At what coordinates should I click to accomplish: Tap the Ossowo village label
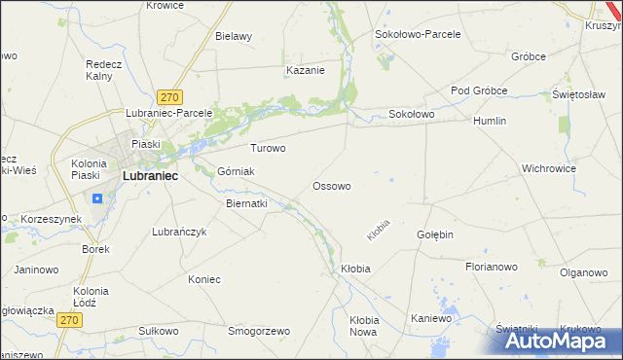click(331, 185)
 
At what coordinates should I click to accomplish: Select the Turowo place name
click(268, 149)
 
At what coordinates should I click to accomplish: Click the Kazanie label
click(305, 70)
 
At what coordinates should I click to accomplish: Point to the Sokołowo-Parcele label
click(418, 33)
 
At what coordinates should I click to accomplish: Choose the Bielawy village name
click(234, 36)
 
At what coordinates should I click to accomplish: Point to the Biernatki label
click(246, 204)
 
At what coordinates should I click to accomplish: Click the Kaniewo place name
click(432, 318)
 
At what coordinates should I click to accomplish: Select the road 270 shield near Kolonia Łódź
click(67, 320)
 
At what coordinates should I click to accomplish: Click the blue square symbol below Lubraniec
click(97, 198)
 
